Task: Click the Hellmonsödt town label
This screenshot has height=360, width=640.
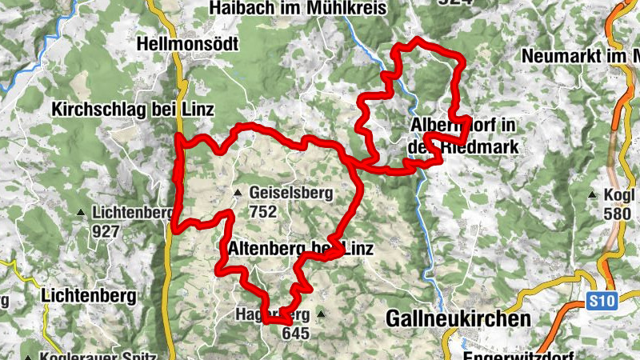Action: click(187, 44)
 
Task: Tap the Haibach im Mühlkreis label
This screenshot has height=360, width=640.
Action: click(298, 8)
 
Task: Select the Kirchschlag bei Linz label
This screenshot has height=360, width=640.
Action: click(133, 110)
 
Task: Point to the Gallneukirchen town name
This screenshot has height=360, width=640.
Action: click(458, 318)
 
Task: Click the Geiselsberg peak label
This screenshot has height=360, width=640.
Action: click(290, 193)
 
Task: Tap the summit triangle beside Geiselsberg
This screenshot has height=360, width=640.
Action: click(238, 193)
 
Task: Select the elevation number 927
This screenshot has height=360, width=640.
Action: click(106, 232)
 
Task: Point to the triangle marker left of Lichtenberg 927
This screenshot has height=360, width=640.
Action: click(81, 213)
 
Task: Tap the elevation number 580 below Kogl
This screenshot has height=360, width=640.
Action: click(618, 214)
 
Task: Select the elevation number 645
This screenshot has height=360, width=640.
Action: click(296, 332)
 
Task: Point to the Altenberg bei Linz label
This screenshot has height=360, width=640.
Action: click(301, 249)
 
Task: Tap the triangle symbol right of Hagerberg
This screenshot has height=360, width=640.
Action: click(322, 314)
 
